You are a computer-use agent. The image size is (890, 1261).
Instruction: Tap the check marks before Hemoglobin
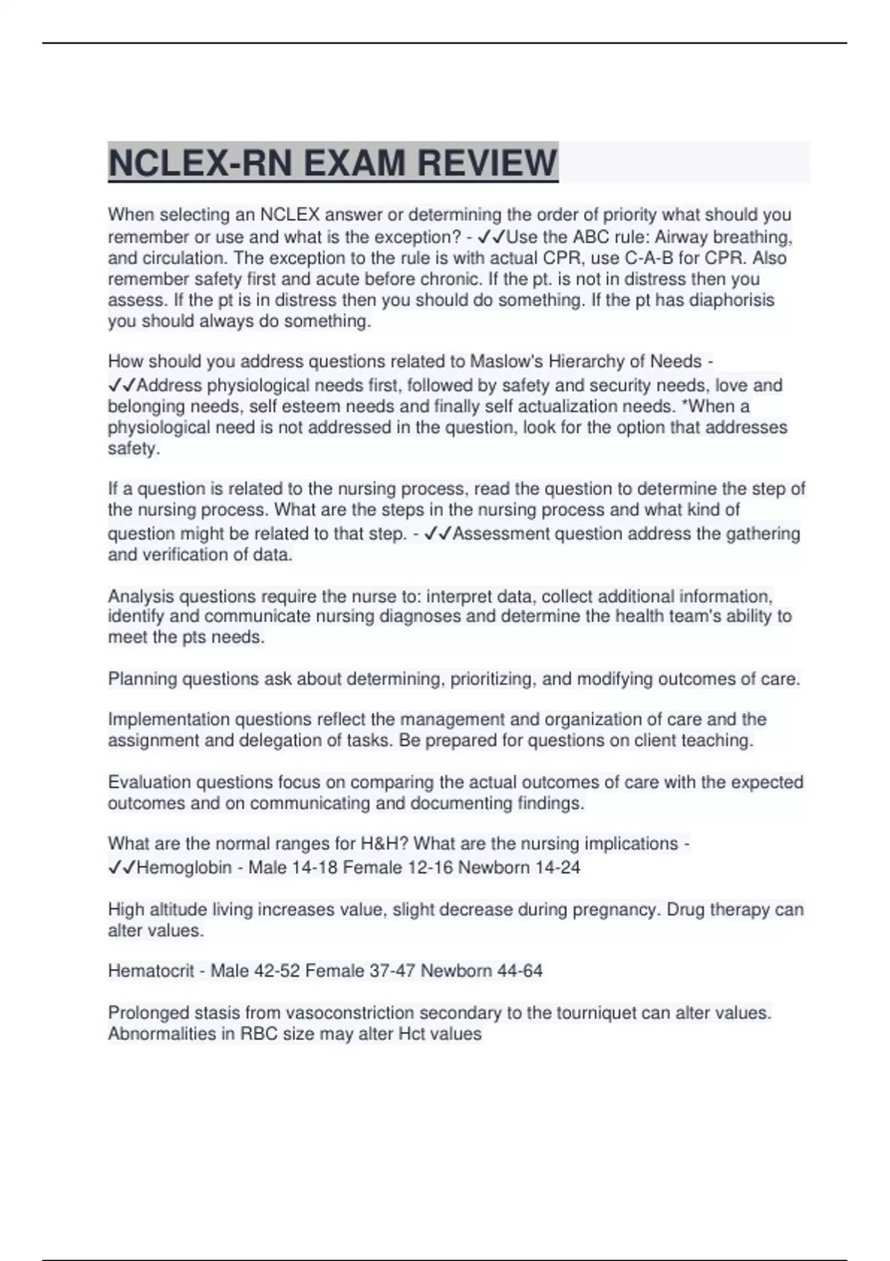tap(122, 867)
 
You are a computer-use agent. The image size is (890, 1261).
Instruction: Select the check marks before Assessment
tap(438, 534)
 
